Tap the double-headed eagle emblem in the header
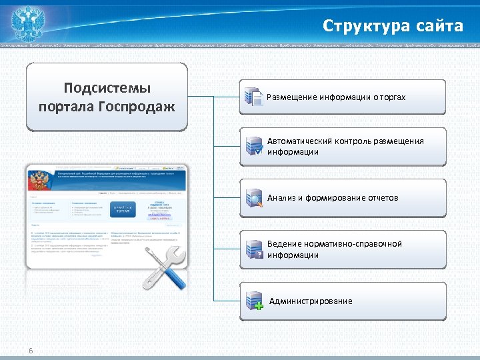[x=29, y=23]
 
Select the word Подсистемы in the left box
[x=107, y=89]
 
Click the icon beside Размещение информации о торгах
[x=253, y=97]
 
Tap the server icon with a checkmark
[x=253, y=147]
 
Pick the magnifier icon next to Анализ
[x=253, y=198]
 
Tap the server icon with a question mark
[x=253, y=249]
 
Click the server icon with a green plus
[x=253, y=301]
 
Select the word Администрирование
[x=311, y=301]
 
